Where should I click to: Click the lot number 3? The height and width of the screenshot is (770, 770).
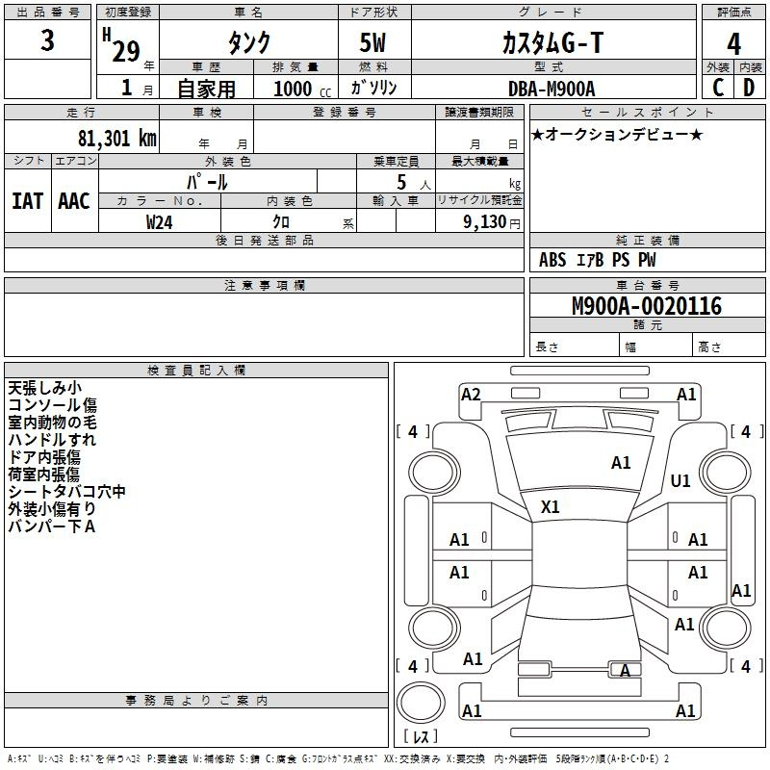47,39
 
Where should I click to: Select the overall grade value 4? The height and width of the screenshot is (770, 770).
733,44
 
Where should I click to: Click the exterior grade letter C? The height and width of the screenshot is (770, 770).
718,88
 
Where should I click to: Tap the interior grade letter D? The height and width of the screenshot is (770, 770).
749,88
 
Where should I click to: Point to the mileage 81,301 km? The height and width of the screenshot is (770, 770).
116,138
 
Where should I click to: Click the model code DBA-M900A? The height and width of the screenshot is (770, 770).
552,89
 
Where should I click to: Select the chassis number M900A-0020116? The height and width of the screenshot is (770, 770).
647,306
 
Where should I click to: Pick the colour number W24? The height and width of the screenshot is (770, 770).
159,222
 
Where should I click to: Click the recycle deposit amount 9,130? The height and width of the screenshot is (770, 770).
484,222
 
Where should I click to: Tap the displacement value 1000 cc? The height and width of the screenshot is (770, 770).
302,89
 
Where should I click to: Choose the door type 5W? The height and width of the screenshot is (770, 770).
372,42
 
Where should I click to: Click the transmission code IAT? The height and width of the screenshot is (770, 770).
27,201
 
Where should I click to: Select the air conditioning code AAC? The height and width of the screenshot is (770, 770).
74,201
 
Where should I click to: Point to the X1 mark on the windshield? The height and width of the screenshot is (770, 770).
550,507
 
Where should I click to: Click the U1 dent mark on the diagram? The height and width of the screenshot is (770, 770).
680,480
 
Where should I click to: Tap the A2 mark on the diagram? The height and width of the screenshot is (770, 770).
471,395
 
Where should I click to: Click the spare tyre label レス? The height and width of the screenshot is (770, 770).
421,736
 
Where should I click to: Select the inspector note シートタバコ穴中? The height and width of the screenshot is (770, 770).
66,492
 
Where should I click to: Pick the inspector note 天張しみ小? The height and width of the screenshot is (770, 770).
44,388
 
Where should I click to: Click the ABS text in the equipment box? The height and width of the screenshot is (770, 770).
552,260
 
